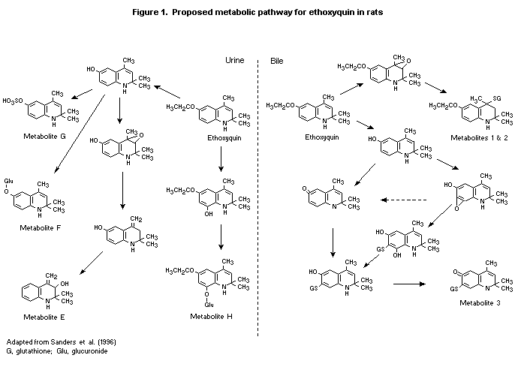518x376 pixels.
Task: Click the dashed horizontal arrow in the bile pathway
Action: click(x=407, y=200)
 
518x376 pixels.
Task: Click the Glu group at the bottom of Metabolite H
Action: click(x=206, y=305)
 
